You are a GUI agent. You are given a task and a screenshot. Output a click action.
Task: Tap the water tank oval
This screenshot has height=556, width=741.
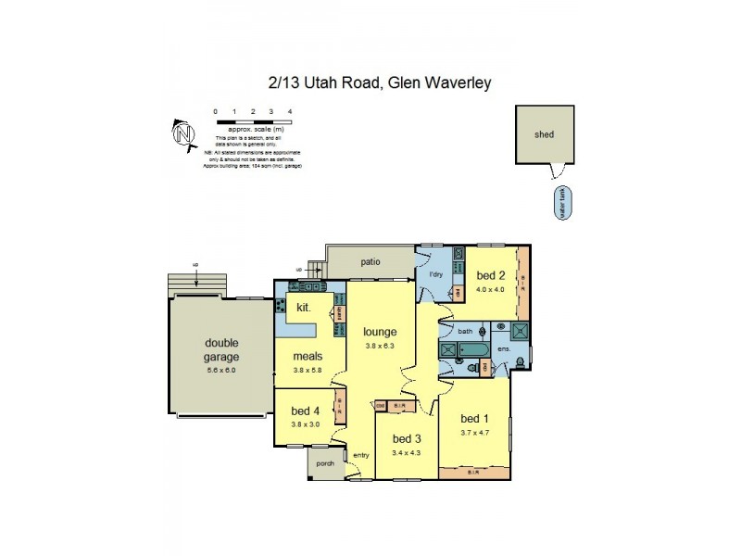pos(561,203)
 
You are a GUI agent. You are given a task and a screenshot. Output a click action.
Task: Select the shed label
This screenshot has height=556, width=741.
pos(544,134)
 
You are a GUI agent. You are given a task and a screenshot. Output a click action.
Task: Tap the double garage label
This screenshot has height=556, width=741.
pos(221,349)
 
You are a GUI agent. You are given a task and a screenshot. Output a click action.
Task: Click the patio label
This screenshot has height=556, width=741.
pos(370,261)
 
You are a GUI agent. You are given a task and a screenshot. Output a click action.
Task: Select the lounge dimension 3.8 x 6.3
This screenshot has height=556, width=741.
pos(380,346)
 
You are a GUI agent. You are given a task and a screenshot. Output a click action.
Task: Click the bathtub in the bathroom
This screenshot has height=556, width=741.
pos(466,349)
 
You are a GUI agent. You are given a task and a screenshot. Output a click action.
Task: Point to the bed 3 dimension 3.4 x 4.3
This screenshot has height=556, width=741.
pos(407,453)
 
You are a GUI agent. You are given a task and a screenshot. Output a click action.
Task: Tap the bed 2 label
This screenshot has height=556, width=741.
pos(491,275)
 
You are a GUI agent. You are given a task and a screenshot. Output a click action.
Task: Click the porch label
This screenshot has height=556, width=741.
pos(325,463)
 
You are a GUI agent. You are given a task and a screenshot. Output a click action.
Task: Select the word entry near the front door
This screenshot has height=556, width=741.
pos(359,454)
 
